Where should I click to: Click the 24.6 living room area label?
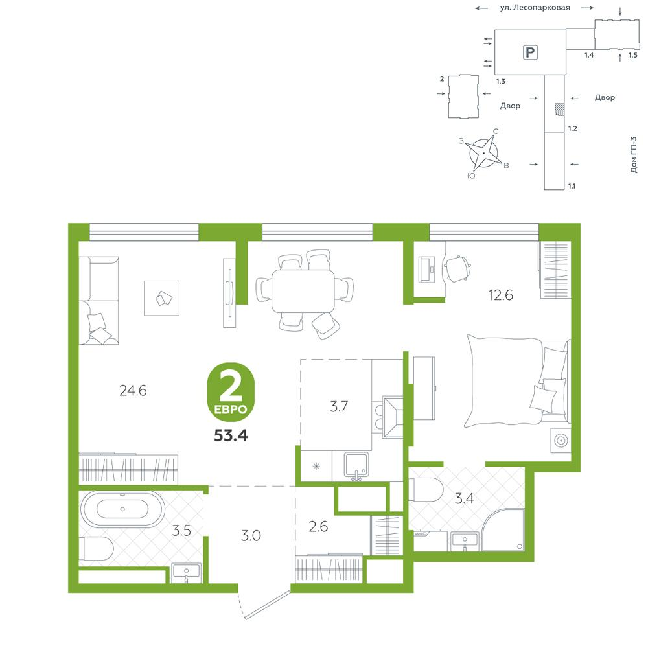pos(133,391)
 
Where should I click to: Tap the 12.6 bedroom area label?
pos(500,295)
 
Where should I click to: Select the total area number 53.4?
pos(231,435)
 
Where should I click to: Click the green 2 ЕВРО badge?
pos(231,392)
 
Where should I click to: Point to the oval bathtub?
pos(122,509)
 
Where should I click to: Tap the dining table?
pos(303,291)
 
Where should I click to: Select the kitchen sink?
pos(356,467)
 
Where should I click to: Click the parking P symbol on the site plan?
pos(530,52)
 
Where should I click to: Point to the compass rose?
pos(483,153)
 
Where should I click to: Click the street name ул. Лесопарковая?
pos(535,8)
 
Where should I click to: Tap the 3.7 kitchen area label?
pos(338,407)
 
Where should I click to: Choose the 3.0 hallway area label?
pos(251,536)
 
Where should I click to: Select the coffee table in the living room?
pos(161,298)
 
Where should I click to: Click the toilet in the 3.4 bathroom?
pos(426,489)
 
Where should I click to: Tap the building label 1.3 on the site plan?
pos(500,82)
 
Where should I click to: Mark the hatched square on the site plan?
pos(559,109)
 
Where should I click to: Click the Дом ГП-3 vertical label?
pos(634,155)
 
